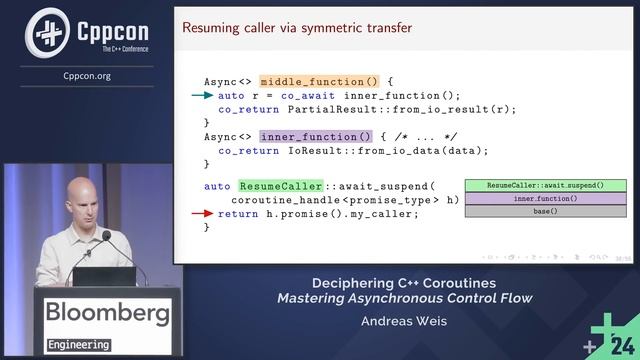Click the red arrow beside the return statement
click(x=202, y=213)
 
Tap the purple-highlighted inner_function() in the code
click(x=297, y=136)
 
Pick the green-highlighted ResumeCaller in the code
click(x=281, y=186)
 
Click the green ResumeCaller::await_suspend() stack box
click(x=545, y=186)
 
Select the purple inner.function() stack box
click(x=545, y=199)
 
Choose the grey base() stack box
click(x=545, y=212)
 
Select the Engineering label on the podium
click(x=78, y=345)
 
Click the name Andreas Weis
click(x=404, y=322)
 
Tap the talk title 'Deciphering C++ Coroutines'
click(x=404, y=282)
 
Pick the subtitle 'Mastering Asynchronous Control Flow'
click(x=405, y=297)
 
